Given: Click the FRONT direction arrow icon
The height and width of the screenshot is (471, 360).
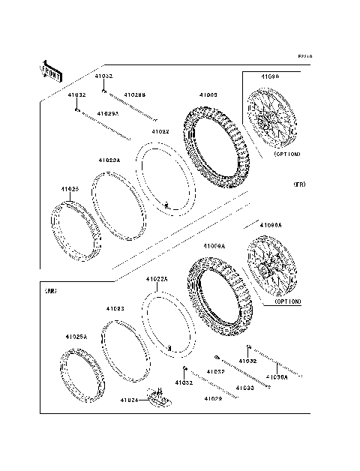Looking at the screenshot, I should point(52,70).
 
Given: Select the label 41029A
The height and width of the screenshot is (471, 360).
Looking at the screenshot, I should point(107,113).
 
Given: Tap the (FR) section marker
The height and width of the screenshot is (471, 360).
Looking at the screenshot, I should point(299,183).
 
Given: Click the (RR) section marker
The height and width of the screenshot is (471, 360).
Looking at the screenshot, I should point(51,289).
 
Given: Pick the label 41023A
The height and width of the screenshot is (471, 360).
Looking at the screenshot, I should point(109,160).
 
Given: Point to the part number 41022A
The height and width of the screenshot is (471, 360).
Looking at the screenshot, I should point(157,279).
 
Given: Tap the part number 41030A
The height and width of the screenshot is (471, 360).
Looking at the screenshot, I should point(277,376).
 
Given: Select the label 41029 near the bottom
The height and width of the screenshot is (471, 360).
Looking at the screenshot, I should point(213,399).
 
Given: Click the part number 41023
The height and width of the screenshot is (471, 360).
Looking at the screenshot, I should point(115,308).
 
